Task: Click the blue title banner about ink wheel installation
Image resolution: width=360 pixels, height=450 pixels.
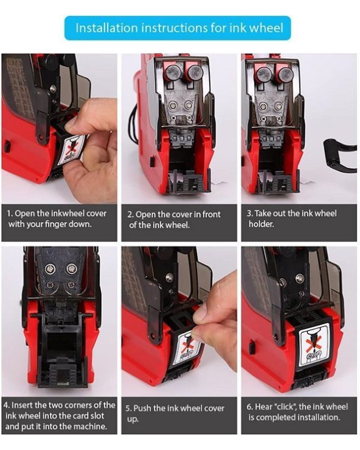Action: point(178,28)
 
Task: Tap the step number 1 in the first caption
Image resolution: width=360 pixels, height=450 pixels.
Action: point(9,213)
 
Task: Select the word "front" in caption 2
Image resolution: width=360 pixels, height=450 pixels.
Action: point(211,215)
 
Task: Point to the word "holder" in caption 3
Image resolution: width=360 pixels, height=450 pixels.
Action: point(261,224)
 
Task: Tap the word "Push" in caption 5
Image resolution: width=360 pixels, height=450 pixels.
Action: point(141,409)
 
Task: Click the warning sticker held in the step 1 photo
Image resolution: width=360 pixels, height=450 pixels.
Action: point(71,150)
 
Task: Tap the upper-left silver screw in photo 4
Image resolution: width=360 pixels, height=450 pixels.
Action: point(50,269)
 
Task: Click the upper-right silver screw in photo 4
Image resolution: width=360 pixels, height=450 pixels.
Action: point(71,269)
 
